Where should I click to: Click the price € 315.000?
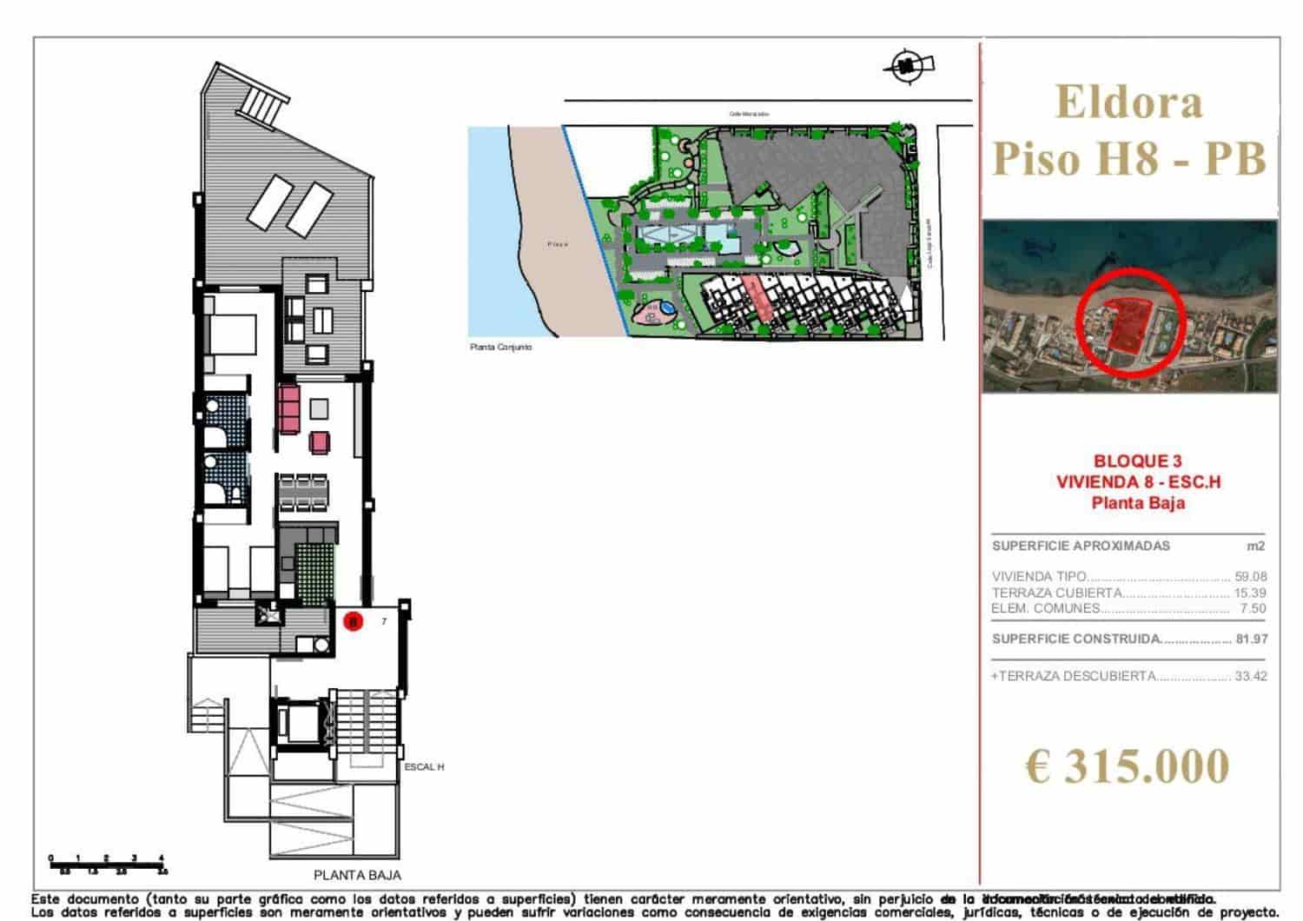tap(1128, 766)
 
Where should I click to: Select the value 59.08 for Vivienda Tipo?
tap(1250, 576)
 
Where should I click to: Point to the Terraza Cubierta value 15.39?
tap(1250, 593)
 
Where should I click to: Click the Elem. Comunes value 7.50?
tap(1253, 608)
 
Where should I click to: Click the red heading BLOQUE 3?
tap(1137, 461)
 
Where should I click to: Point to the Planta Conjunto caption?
tap(500, 347)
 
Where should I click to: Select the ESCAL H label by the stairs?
tap(424, 767)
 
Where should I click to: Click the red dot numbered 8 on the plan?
tap(353, 621)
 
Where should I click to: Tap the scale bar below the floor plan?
tap(107, 862)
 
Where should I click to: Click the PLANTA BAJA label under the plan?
tap(357, 875)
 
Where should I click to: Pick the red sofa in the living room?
tap(289, 410)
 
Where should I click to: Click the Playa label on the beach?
tap(558, 244)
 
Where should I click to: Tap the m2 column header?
tap(1254, 546)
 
